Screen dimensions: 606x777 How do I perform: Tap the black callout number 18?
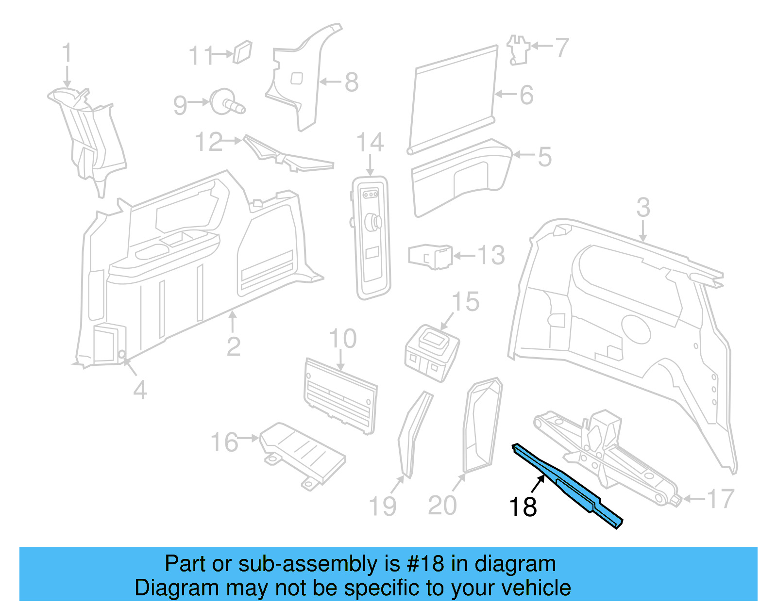(x=523, y=507)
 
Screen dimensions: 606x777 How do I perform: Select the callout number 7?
(x=561, y=48)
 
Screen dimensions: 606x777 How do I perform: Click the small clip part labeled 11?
(x=242, y=52)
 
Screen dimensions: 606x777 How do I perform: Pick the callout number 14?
(x=370, y=143)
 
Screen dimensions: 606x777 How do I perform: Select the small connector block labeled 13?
(x=430, y=256)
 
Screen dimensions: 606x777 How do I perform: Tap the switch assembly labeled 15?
(x=431, y=352)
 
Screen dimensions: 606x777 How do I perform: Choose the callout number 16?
(x=224, y=442)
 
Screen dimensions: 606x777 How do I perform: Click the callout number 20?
(x=442, y=505)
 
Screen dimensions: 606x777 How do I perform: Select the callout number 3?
(x=643, y=208)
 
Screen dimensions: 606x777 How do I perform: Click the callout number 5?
(x=544, y=157)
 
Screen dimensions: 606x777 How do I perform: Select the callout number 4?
(x=140, y=390)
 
